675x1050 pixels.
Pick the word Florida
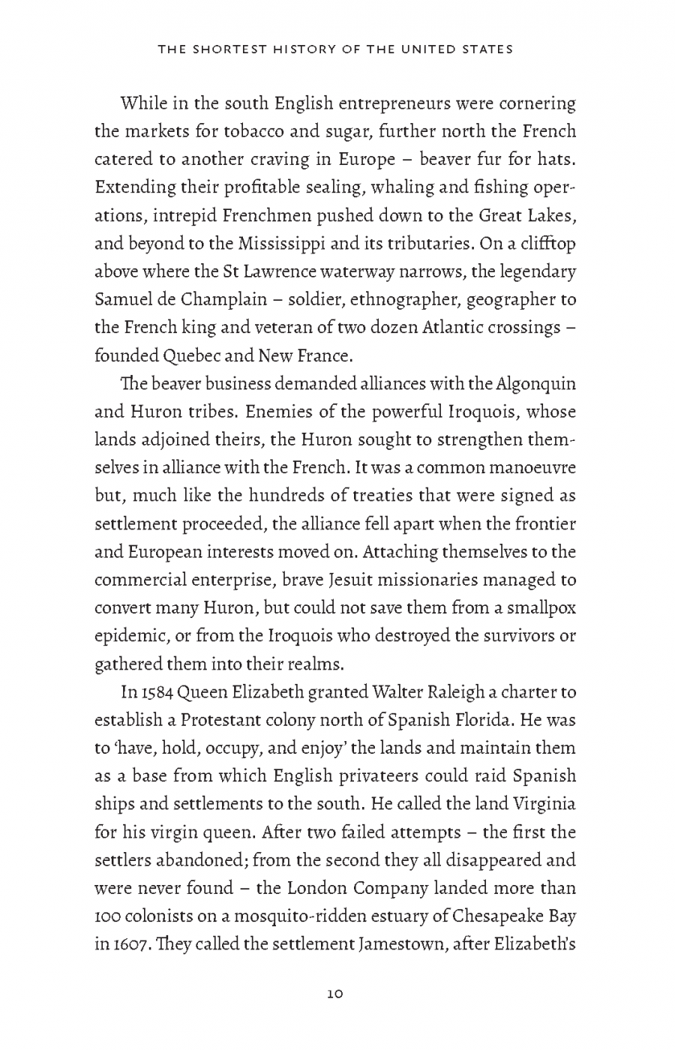[472, 721]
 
